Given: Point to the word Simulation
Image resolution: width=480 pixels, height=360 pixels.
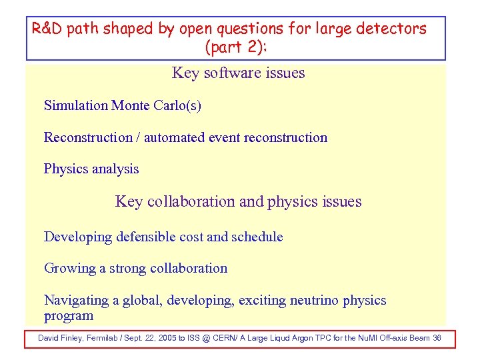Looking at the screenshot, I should pyautogui.click(x=75, y=105).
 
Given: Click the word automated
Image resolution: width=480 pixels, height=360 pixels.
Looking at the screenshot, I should pyautogui.click(x=175, y=137).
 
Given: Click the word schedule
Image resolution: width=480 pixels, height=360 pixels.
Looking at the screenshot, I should pyautogui.click(x=257, y=237).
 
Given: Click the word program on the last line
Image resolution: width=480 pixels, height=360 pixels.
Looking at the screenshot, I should pyautogui.click(x=68, y=316).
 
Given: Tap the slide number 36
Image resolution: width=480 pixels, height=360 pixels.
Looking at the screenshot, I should pyautogui.click(x=437, y=338).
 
